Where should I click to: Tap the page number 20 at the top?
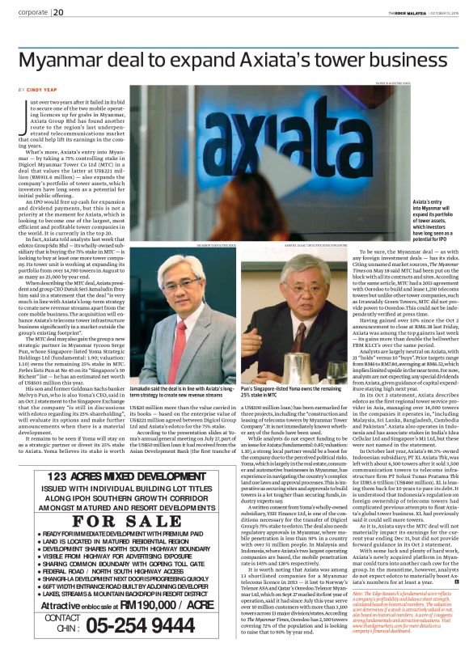pos(59,12)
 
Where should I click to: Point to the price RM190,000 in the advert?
pos(180,603)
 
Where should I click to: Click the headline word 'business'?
pos(409,61)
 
